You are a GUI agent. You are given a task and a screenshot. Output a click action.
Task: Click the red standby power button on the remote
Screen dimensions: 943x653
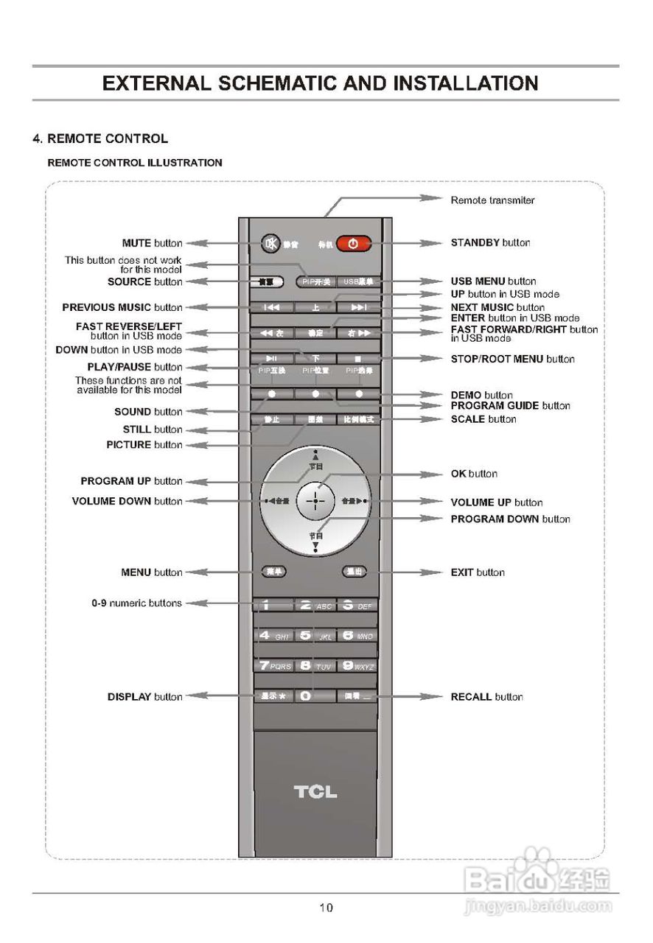[353, 244]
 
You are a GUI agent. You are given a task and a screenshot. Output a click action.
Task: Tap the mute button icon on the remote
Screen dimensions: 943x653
[271, 242]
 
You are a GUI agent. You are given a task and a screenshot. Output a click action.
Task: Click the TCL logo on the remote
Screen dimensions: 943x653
[315, 792]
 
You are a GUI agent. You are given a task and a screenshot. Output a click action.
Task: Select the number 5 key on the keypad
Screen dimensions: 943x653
[315, 635]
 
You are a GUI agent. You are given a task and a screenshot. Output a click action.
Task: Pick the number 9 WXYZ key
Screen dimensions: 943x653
[357, 666]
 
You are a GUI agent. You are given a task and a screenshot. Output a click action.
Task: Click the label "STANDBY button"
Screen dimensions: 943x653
[490, 242]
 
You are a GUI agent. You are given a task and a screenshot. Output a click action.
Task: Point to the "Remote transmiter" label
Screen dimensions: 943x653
[492, 200]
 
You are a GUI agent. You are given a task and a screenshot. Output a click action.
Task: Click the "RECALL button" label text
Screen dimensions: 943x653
[486, 697]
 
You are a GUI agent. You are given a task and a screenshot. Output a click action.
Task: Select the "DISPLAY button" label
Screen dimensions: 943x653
[144, 697]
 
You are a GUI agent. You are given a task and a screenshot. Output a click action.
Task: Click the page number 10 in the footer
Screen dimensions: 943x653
[326, 908]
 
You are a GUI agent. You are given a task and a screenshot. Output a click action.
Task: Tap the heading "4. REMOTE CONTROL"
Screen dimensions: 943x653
[100, 139]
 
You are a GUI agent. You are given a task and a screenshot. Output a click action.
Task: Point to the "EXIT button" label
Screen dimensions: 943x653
[478, 572]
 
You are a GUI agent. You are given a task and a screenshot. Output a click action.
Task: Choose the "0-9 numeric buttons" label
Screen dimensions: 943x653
[136, 603]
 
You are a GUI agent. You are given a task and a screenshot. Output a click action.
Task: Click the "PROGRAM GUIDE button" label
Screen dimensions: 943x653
[510, 406]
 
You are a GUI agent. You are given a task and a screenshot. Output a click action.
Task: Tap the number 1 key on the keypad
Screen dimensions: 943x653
[272, 606]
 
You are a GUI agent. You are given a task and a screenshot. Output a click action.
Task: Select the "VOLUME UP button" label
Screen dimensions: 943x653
[497, 502]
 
